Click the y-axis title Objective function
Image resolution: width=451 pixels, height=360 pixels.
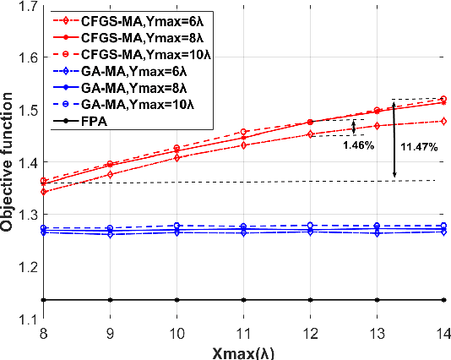point(10,161)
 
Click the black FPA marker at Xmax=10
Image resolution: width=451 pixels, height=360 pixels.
point(177,299)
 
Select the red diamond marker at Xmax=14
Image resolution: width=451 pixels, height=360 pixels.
point(444,121)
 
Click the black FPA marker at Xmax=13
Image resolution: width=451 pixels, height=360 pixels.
point(378,299)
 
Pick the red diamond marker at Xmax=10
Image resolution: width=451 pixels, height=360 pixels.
point(177,157)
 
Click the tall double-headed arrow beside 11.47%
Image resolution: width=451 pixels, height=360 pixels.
point(394,139)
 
